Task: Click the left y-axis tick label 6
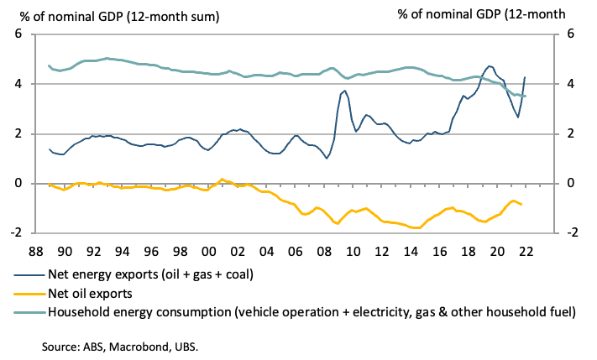[17, 34]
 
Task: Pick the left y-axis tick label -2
[14, 233]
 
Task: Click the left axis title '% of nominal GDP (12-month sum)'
[115, 13]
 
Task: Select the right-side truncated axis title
[482, 13]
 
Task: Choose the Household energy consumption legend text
[313, 311]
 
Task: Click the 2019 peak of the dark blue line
[489, 65]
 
